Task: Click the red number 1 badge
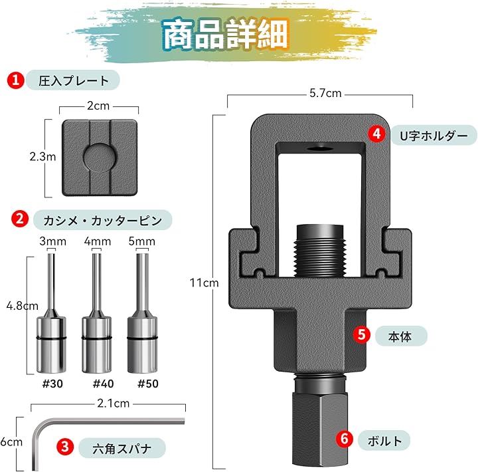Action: tap(15, 80)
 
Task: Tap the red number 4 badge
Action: tap(377, 134)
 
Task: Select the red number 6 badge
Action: tap(345, 438)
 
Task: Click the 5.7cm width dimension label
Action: tap(325, 93)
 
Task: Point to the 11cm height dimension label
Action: tap(204, 283)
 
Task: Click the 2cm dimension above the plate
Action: tap(98, 106)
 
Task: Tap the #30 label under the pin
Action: tap(52, 384)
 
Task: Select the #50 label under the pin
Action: tap(148, 384)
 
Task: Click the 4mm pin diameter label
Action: tap(97, 241)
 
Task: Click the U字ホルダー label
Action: tap(434, 136)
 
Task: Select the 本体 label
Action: tap(400, 336)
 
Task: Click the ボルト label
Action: tap(384, 441)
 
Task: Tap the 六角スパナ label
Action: tap(121, 448)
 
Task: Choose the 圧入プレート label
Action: tap(74, 80)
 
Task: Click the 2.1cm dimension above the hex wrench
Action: tap(114, 404)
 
